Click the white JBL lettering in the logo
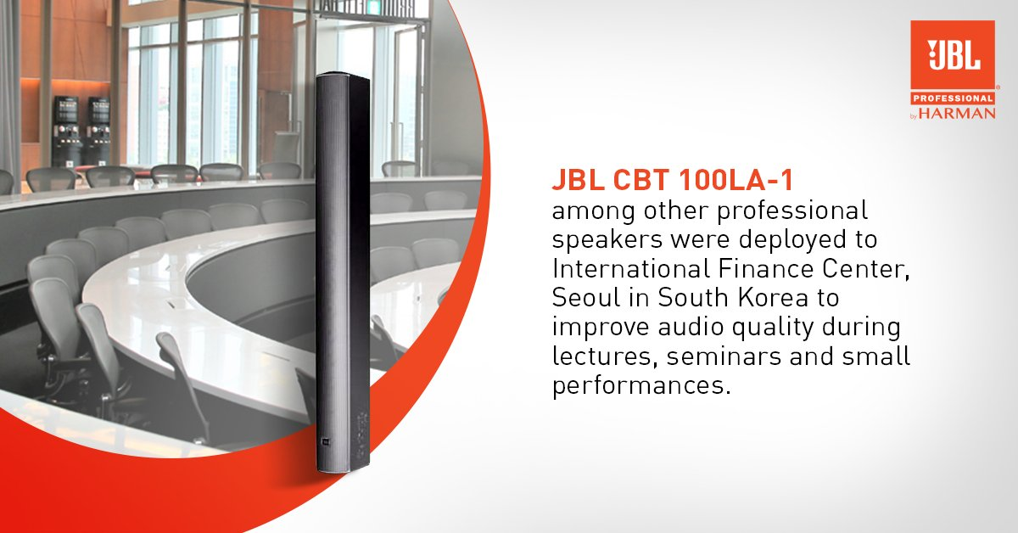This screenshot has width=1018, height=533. click(x=954, y=54)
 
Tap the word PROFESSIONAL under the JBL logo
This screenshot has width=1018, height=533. click(x=953, y=98)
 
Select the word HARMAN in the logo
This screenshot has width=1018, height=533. click(x=957, y=113)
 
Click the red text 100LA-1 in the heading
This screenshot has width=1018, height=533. click(x=735, y=180)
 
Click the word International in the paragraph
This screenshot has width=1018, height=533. click(x=631, y=268)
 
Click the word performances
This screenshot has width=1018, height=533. click(x=641, y=385)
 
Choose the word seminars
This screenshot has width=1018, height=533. click(x=724, y=356)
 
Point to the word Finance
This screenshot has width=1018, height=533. click(x=766, y=268)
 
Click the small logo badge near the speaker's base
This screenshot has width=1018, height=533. click(x=326, y=441)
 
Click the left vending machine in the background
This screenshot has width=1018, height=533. click(x=66, y=131)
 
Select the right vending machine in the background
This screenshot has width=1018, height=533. click(x=98, y=131)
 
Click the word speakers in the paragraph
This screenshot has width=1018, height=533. click(x=607, y=240)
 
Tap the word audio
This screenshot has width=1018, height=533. click(x=690, y=327)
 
